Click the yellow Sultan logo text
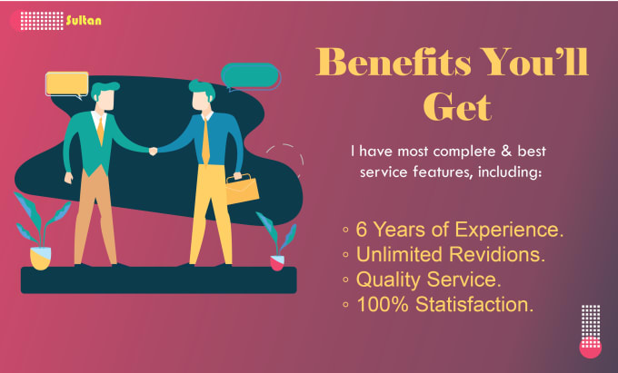84,21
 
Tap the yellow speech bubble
67,84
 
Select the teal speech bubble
251,77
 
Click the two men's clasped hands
153,151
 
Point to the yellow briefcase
242,190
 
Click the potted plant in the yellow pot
41,231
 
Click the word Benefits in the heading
394,62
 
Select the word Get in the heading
457,106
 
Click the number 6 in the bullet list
361,230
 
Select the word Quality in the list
388,280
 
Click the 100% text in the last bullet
383,305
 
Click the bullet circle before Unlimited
345,255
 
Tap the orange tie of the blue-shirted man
205,141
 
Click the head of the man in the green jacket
105,95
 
